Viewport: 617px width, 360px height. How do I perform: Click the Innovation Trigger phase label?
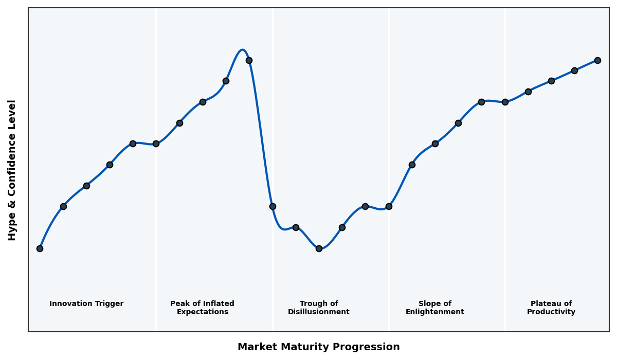[x=86, y=304]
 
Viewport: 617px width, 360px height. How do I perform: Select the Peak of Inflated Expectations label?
[x=202, y=308]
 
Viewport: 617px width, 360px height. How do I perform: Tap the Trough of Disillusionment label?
[x=319, y=308]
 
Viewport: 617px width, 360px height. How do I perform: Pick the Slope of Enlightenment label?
[x=435, y=308]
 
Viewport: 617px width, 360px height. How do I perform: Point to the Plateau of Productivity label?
[x=551, y=308]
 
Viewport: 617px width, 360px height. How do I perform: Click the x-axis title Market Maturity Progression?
[x=319, y=347]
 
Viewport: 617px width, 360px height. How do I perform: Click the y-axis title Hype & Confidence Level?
[x=12, y=170]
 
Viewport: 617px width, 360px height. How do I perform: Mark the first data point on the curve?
[x=40, y=248]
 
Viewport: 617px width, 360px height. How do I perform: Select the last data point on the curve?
[x=597, y=60]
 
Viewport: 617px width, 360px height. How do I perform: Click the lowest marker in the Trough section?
[x=319, y=248]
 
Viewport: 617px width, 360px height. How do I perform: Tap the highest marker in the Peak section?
[x=249, y=60]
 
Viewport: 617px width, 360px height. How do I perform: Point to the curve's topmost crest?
[x=243, y=50]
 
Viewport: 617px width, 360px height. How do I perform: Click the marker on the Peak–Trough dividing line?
[x=273, y=206]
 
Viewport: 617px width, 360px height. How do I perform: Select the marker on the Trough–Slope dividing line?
[x=389, y=206]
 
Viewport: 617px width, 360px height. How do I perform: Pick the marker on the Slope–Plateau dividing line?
[x=505, y=102]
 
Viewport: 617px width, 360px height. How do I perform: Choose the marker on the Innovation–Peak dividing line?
[x=156, y=143]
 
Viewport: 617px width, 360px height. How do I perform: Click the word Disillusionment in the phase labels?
[x=319, y=312]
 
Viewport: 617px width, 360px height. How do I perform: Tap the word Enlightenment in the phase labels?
[x=435, y=312]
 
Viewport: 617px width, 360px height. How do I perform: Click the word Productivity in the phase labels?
[x=551, y=312]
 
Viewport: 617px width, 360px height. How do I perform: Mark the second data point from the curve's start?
[x=63, y=206]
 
